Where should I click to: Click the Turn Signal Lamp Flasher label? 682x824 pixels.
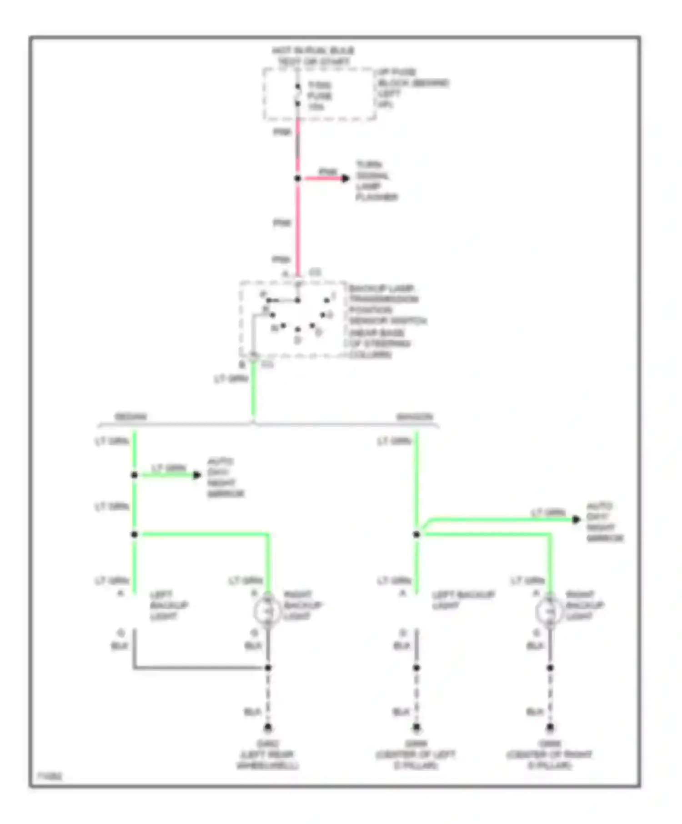tap(376, 181)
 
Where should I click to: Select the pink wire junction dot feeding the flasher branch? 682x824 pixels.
tap(298, 179)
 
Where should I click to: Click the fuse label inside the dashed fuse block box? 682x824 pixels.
tap(319, 96)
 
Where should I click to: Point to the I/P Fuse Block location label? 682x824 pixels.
tap(413, 89)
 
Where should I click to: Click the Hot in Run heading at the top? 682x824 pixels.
tap(313, 56)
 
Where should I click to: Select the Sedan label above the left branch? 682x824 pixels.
tap(130, 417)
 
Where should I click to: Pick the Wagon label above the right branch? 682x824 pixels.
tap(414, 417)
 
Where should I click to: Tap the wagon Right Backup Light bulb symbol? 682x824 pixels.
tap(550, 611)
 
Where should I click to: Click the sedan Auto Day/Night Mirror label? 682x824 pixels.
tap(226, 478)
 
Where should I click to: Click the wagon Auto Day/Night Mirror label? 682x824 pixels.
tap(605, 522)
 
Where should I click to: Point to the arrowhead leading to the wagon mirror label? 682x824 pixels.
tap(576, 519)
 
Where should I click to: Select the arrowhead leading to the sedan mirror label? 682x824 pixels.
tap(197, 475)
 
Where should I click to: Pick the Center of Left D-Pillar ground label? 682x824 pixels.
tap(416, 755)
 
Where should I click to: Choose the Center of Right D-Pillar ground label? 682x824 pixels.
tap(549, 755)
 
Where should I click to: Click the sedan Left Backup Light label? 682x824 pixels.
tap(169, 606)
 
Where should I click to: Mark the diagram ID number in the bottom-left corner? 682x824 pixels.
tap(49, 776)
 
